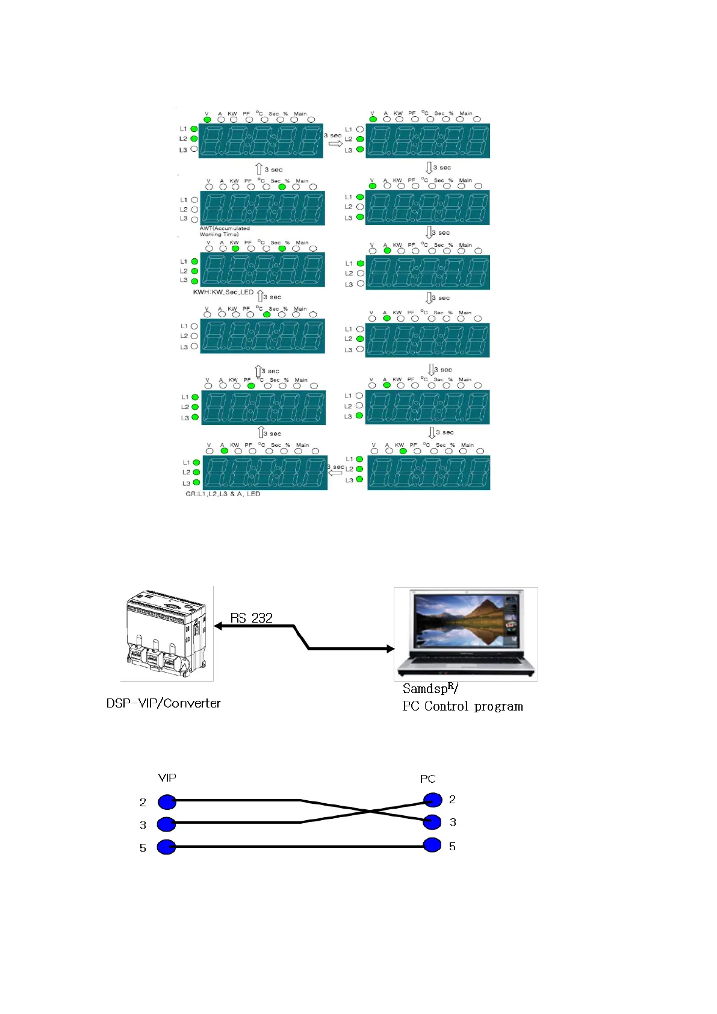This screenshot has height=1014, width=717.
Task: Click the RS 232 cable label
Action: click(251, 618)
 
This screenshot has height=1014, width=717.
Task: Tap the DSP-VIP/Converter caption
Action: click(163, 703)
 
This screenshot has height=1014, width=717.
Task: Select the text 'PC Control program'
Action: click(462, 706)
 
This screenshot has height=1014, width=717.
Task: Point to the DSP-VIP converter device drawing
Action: click(167, 633)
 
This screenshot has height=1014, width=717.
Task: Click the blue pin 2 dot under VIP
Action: click(167, 801)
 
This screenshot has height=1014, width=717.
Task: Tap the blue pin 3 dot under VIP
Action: click(166, 824)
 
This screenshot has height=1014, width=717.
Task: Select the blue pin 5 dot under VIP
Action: click(166, 847)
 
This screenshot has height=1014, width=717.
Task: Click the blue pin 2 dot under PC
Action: click(432, 800)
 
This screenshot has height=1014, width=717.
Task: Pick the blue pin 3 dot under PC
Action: click(432, 822)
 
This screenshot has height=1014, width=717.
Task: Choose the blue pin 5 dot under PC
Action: click(432, 845)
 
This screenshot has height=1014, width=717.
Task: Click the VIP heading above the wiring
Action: click(167, 777)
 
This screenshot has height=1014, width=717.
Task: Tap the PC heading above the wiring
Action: click(427, 779)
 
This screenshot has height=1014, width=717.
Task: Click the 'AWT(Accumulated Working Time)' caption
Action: click(224, 231)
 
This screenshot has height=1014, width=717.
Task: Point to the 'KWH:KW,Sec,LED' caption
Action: click(223, 292)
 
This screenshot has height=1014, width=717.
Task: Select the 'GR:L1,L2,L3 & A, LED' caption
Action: click(223, 494)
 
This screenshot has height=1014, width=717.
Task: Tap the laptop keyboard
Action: click(464, 659)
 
